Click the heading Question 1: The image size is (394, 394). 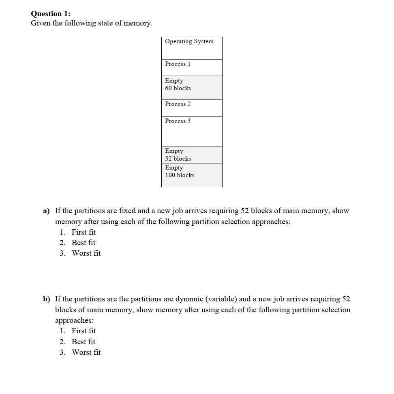[51, 13]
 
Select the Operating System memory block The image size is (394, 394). [192, 48]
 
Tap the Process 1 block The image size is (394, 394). [192, 68]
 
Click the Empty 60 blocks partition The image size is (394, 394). [192, 87]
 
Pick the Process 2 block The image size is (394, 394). [192, 108]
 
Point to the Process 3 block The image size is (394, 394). [192, 131]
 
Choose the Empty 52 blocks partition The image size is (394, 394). [192, 155]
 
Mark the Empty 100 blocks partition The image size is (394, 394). [192, 175]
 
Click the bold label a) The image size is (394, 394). [47, 211]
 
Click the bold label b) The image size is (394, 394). [47, 299]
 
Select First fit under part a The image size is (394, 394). [84, 232]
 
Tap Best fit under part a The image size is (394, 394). [84, 243]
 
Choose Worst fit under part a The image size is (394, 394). [86, 253]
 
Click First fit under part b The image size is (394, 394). [84, 331]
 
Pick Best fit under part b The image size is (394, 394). [84, 342]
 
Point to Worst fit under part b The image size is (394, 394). [86, 352]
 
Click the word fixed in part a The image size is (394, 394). [127, 211]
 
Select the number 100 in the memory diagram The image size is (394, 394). [170, 175]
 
